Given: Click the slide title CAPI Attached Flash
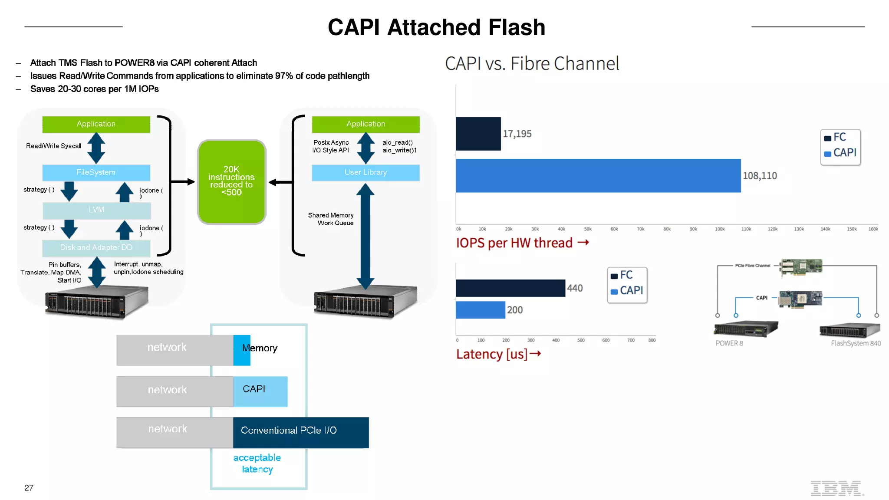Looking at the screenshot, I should [436, 27].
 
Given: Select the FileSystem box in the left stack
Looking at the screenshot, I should [96, 172].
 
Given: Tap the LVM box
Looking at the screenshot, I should [96, 210].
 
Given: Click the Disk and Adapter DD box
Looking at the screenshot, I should [96, 247].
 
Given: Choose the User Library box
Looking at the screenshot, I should [365, 172].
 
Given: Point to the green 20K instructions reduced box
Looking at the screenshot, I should [231, 181].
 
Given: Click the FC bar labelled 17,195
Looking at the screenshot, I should [478, 134].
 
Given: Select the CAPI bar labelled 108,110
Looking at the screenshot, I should [598, 176].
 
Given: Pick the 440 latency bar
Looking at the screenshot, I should [510, 288].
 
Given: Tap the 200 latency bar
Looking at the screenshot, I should [480, 310].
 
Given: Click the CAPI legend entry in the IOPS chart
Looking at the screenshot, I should [840, 153].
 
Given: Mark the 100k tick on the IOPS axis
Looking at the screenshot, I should [720, 229].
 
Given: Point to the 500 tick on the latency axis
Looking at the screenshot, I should [581, 341].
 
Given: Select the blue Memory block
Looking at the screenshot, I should [242, 350].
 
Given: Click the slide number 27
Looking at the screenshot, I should [29, 488].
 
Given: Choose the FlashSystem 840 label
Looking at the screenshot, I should [856, 343].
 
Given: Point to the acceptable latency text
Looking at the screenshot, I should [257, 463].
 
